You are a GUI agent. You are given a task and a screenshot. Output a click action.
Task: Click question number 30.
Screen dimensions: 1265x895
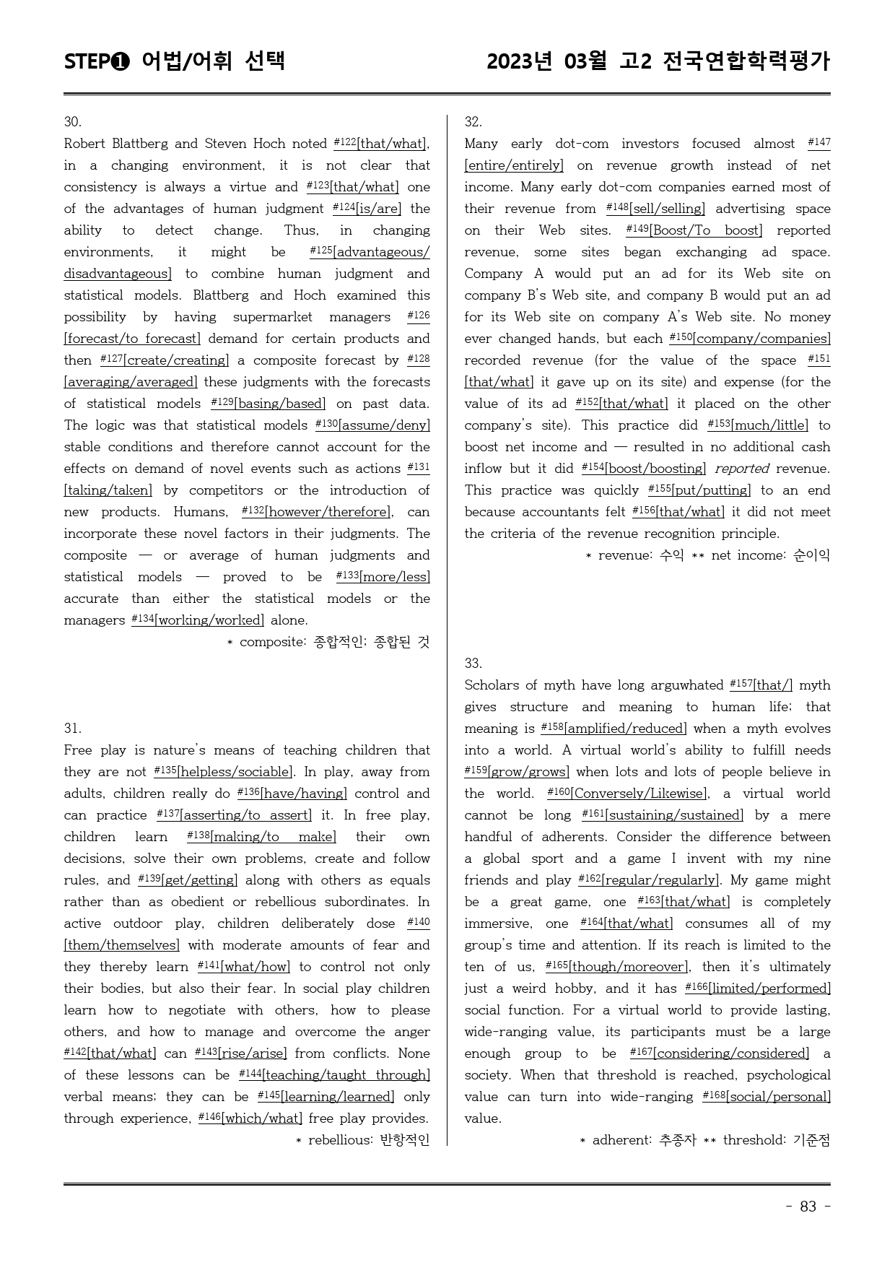(72, 122)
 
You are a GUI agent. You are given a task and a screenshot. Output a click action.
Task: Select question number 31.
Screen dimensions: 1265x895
(72, 729)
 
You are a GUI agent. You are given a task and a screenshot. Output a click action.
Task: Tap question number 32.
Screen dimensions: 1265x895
(473, 122)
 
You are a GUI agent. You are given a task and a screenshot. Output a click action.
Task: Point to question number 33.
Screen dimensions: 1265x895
(473, 664)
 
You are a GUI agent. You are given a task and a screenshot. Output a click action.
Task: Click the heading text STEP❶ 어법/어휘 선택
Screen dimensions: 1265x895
(175, 61)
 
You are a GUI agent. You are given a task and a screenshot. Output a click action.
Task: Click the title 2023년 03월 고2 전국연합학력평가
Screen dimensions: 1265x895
(658, 61)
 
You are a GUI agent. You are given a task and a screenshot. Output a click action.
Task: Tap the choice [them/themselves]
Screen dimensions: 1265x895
(121, 946)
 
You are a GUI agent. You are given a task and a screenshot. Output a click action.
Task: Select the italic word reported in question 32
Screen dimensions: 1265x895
(742, 469)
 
